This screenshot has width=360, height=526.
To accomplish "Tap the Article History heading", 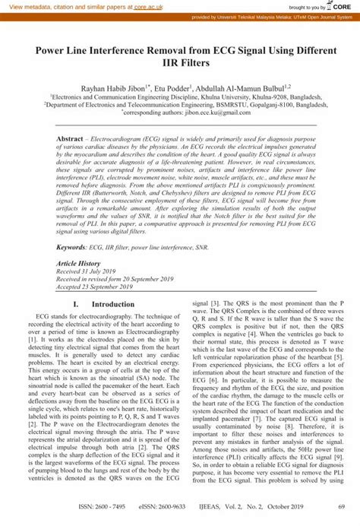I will coord(79,261).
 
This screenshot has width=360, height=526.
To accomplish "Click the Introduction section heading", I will coord(118,304).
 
